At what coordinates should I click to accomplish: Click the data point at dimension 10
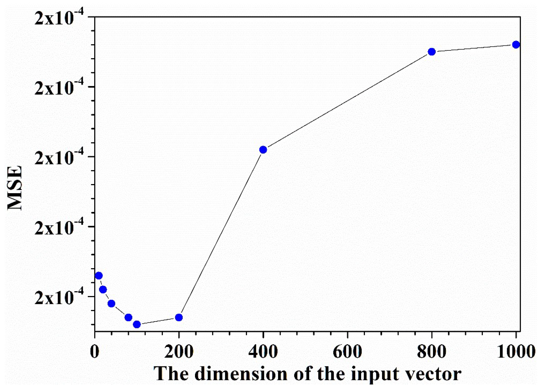tap(99, 276)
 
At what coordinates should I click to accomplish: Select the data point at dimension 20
tap(103, 289)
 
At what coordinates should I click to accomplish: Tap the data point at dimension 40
tap(111, 303)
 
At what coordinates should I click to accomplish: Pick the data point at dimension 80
tap(128, 317)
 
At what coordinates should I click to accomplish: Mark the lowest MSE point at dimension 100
tap(137, 324)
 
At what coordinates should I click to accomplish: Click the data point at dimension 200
tap(179, 317)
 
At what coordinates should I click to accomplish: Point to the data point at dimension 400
tap(263, 150)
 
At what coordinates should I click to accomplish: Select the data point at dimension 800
tap(432, 52)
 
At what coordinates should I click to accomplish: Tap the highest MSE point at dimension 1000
tap(516, 44)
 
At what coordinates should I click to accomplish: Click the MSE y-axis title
tap(15, 188)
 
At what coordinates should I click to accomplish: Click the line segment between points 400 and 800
tap(347, 101)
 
